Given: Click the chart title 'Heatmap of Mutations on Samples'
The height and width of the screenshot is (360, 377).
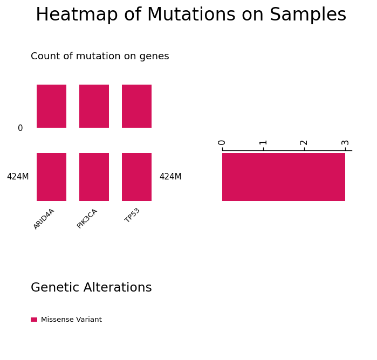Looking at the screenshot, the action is [191, 15].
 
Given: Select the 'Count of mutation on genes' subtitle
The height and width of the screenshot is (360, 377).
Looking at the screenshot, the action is [100, 56].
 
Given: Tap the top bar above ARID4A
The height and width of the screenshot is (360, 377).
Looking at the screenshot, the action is [51, 106].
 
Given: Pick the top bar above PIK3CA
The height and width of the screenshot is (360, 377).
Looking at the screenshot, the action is [94, 106].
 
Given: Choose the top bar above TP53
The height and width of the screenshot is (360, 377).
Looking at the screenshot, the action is [136, 106].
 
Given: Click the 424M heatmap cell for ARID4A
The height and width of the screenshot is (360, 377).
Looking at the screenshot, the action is [51, 177].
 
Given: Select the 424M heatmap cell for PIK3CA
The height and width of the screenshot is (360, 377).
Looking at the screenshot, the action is [94, 177].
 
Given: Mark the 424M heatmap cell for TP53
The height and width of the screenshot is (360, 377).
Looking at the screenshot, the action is [136, 177].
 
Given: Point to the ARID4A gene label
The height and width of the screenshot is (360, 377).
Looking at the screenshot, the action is [44, 219].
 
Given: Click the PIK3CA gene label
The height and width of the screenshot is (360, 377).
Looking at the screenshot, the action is [87, 219].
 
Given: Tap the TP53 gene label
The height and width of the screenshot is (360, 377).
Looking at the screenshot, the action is [132, 215].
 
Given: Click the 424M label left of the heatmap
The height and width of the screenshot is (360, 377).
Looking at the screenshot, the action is [18, 177].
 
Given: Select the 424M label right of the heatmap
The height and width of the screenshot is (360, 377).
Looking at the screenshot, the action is [170, 177].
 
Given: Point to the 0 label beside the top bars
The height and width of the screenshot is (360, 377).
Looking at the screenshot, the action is [20, 128].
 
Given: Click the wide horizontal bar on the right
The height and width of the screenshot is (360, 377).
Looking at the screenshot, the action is [284, 177].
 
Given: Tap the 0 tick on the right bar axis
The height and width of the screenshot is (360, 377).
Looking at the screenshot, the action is [222, 143].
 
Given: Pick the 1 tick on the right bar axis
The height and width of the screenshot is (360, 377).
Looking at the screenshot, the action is [263, 143].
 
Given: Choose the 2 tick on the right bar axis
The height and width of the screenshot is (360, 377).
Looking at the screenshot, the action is [304, 143].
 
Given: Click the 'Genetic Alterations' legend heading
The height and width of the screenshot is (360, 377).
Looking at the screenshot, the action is [91, 287].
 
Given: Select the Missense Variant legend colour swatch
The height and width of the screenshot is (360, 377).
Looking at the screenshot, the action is [34, 320].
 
